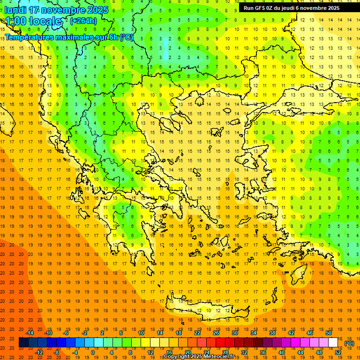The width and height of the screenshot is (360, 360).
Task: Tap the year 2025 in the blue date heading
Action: coord(95,10)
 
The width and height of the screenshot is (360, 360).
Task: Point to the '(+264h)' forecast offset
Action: coord(83,21)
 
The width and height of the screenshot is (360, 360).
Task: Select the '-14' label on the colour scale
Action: coord(30,333)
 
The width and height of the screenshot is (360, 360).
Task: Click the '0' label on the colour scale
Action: coord(92,352)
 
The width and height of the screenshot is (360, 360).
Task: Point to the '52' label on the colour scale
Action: coord(338,352)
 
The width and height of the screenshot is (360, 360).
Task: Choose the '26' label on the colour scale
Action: coord(216,333)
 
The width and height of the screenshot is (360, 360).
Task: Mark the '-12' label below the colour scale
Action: coord(39,352)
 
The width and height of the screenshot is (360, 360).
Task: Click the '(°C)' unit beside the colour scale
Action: coord(349,343)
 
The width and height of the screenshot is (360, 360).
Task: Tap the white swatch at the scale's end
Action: coord(333,343)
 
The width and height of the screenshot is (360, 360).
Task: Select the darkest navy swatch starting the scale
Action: coord(23,343)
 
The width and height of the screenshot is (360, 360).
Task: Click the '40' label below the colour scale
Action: coord(282,352)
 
